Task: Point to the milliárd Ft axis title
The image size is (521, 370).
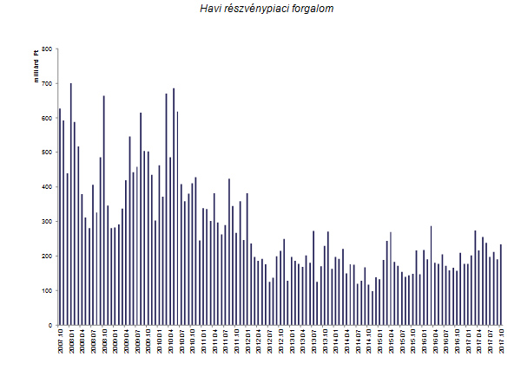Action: pyautogui.click(x=37, y=68)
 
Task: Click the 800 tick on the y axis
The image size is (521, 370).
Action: pyautogui.click(x=46, y=49)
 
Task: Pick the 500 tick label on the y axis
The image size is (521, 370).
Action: pyautogui.click(x=46, y=153)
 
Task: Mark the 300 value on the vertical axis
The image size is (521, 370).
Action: pyautogui.click(x=46, y=222)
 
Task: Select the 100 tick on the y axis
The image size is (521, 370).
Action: pyautogui.click(x=46, y=290)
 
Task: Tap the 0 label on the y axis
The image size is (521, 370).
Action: pyautogui.click(x=49, y=325)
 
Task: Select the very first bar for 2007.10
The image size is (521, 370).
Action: pyautogui.click(x=59, y=217)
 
